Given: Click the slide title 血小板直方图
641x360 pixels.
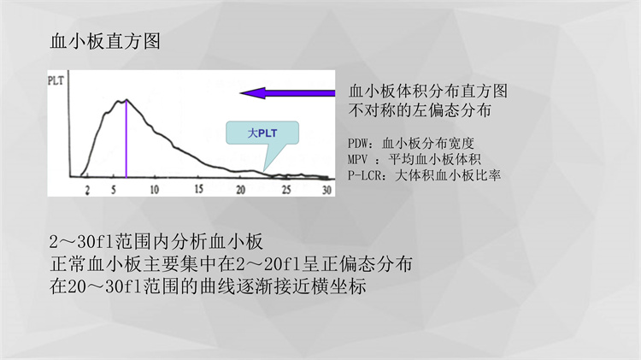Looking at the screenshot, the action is [x=105, y=41].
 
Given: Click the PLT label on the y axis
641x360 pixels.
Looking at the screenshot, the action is [x=56, y=80].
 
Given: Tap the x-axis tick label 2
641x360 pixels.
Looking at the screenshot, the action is [x=87, y=190].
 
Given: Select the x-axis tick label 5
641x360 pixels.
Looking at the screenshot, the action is [x=113, y=190].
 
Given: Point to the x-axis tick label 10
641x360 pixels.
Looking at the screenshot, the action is [x=154, y=190].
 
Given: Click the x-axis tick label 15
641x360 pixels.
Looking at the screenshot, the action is [x=198, y=189].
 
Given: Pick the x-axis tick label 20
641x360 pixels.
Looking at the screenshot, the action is [x=240, y=190].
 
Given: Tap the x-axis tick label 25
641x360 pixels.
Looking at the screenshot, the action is [x=286, y=190].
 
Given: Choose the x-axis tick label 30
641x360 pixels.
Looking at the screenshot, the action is [x=326, y=190].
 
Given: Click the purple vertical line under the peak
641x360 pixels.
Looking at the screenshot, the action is [x=126, y=139].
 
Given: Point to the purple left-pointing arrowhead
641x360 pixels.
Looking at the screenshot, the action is [x=253, y=93].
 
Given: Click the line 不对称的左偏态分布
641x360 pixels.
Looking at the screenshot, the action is [x=420, y=110].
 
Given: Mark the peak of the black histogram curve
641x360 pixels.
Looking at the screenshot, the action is [x=126, y=99].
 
